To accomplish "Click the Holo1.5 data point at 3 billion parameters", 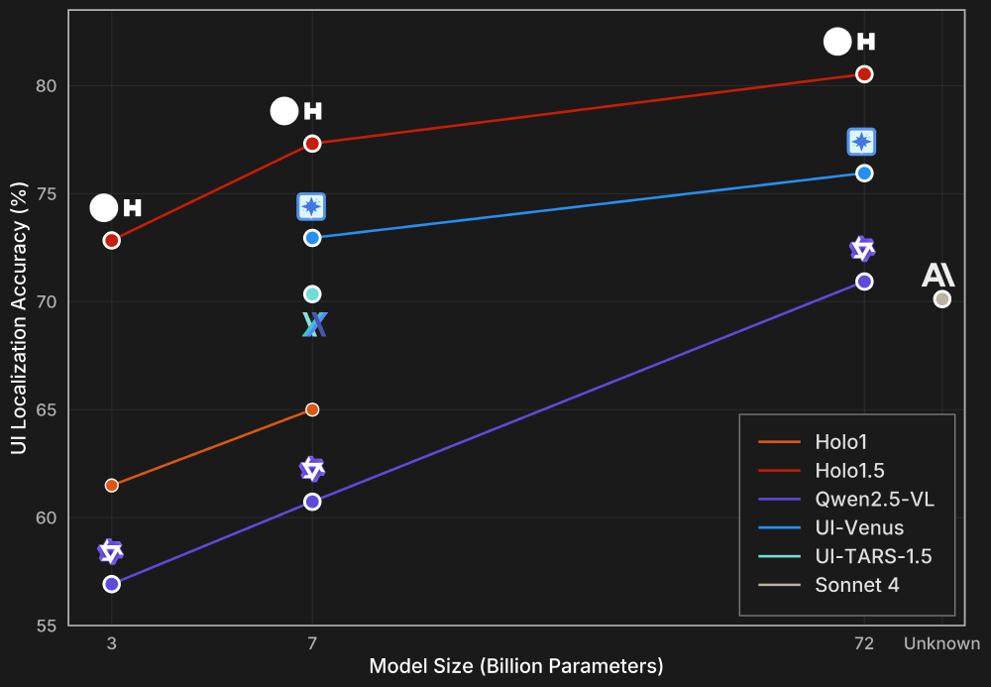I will click(x=112, y=240).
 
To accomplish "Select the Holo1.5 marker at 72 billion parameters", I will click(x=864, y=74).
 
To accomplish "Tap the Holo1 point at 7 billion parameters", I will click(x=312, y=409).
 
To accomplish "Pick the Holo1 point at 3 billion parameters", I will click(x=112, y=485).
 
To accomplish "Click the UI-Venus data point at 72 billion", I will click(x=864, y=172).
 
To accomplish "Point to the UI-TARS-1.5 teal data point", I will click(x=312, y=293).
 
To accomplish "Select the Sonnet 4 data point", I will click(x=942, y=298).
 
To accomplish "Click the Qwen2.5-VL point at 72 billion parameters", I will click(x=864, y=282).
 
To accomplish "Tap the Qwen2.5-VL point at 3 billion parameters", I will click(x=112, y=584).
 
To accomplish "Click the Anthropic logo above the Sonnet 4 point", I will click(x=937, y=275).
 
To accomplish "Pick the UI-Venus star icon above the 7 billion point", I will click(x=312, y=206).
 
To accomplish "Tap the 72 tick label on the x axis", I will click(x=864, y=644).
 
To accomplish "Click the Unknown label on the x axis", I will click(x=941, y=644).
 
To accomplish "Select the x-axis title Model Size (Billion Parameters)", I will click(x=516, y=666).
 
